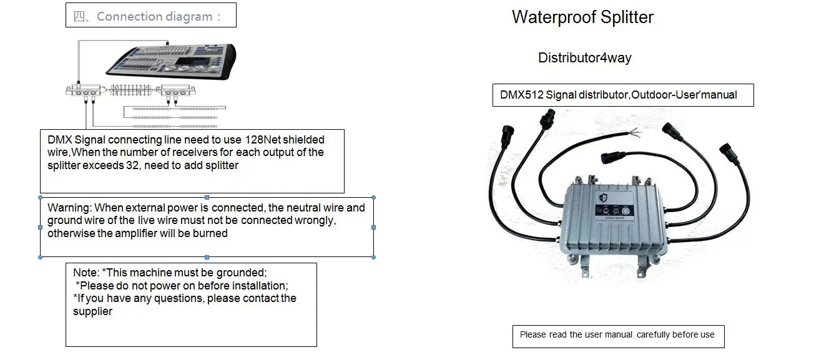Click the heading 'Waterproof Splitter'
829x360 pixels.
coord(582,17)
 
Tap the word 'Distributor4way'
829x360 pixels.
coord(584,58)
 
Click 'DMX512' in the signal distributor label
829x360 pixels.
coord(521,95)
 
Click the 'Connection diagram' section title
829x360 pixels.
coord(155,16)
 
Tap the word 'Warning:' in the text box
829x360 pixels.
coord(69,207)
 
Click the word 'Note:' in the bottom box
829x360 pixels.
coord(86,273)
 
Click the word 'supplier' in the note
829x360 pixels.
coord(92,311)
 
